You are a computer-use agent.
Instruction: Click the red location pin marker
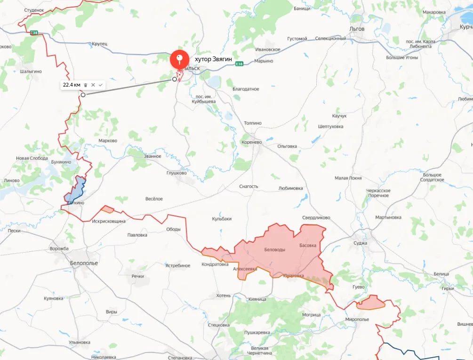click(179, 58)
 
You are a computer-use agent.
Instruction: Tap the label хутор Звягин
click(213, 59)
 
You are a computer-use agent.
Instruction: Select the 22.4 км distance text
click(72, 85)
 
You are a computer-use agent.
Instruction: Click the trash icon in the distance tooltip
click(86, 85)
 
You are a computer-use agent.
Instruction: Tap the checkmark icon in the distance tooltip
click(100, 85)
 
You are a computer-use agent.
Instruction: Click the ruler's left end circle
click(83, 95)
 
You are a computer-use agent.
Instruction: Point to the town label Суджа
click(360, 243)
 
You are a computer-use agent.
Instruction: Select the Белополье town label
click(84, 263)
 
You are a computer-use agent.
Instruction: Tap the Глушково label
click(176, 173)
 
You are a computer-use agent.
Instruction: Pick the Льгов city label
click(357, 29)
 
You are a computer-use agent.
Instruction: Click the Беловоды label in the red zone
click(275, 250)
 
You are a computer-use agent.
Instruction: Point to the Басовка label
click(309, 246)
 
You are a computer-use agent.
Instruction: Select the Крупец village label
click(100, 44)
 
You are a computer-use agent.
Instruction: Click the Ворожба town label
click(59, 248)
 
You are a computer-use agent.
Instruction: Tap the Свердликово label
click(316, 218)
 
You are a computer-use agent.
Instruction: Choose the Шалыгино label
click(31, 72)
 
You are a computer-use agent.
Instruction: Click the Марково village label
click(108, 141)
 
